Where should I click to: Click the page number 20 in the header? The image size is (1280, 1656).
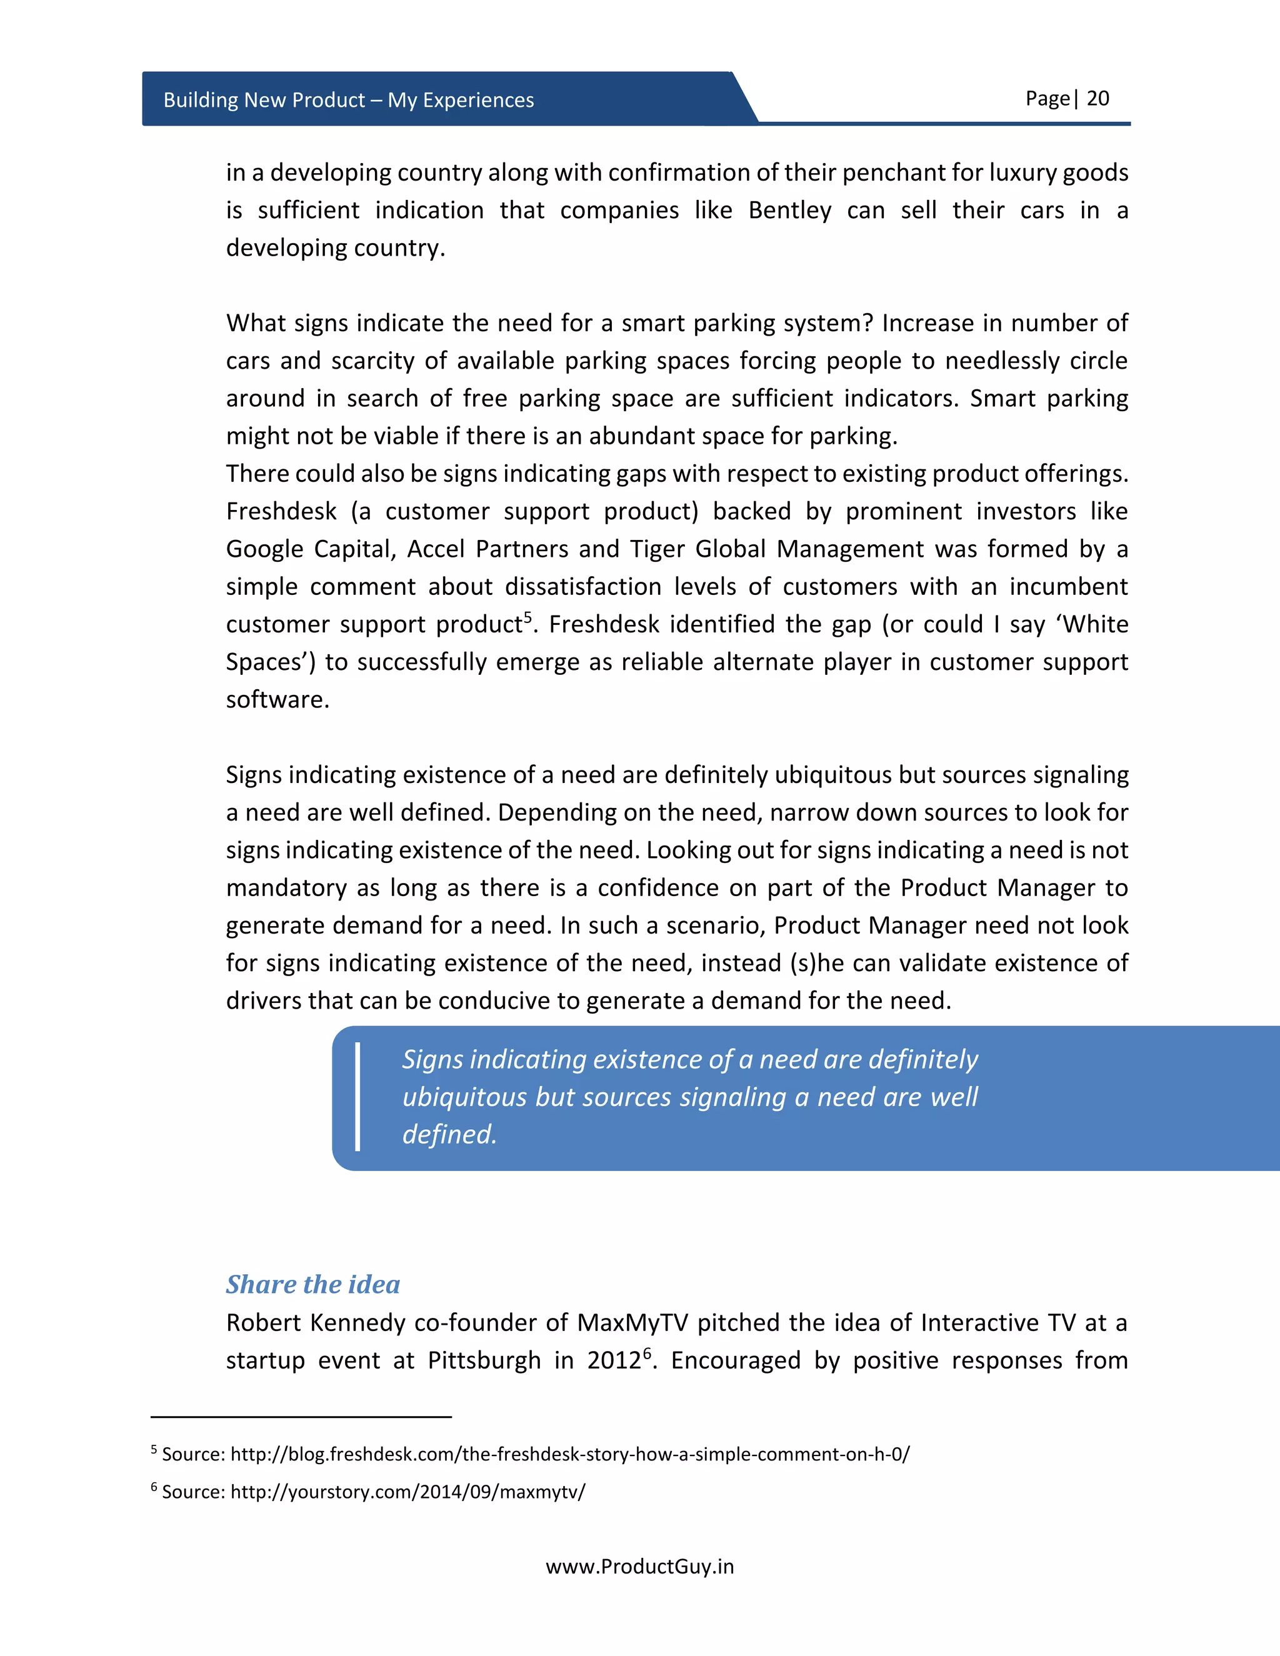click(x=1097, y=99)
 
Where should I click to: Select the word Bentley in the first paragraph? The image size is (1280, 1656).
click(x=789, y=210)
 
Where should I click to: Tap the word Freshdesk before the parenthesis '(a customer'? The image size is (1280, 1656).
click(x=281, y=511)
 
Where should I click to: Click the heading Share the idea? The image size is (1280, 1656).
click(x=312, y=1284)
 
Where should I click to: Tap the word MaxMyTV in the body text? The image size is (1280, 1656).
click(x=632, y=1323)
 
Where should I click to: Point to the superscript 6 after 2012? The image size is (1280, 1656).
click(x=647, y=1354)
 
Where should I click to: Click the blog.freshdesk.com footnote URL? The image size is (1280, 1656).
click(x=569, y=1454)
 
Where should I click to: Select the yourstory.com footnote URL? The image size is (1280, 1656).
click(x=407, y=1492)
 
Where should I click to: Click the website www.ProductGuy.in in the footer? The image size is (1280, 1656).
click(x=639, y=1567)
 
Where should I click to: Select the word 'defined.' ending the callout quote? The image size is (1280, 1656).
click(x=449, y=1135)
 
